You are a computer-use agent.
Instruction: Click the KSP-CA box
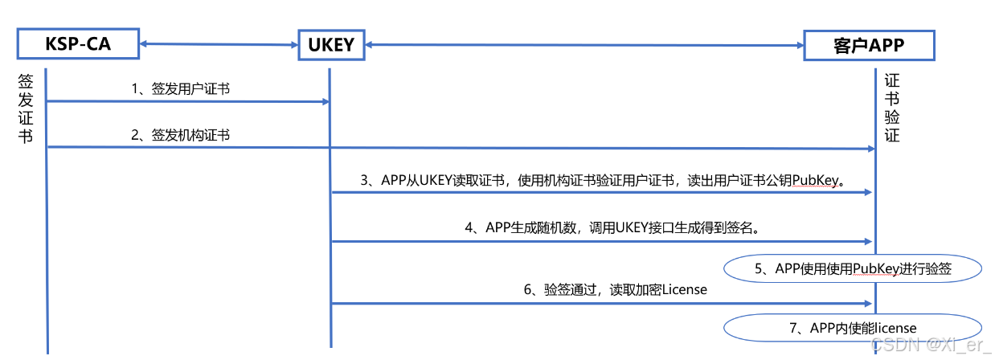pos(77,45)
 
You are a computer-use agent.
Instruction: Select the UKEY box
pos(330,45)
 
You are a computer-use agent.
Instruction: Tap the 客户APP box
pos(869,45)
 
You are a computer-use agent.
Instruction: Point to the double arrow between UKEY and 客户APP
pos(583,44)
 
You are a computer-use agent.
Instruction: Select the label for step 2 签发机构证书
pos(181,135)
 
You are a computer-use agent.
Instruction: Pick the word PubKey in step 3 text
pos(815,181)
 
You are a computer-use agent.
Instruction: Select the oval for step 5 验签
pos(853,269)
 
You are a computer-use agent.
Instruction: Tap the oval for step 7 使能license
pos(853,327)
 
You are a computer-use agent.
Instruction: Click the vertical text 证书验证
pos(892,108)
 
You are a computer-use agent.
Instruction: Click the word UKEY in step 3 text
pos(438,181)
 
